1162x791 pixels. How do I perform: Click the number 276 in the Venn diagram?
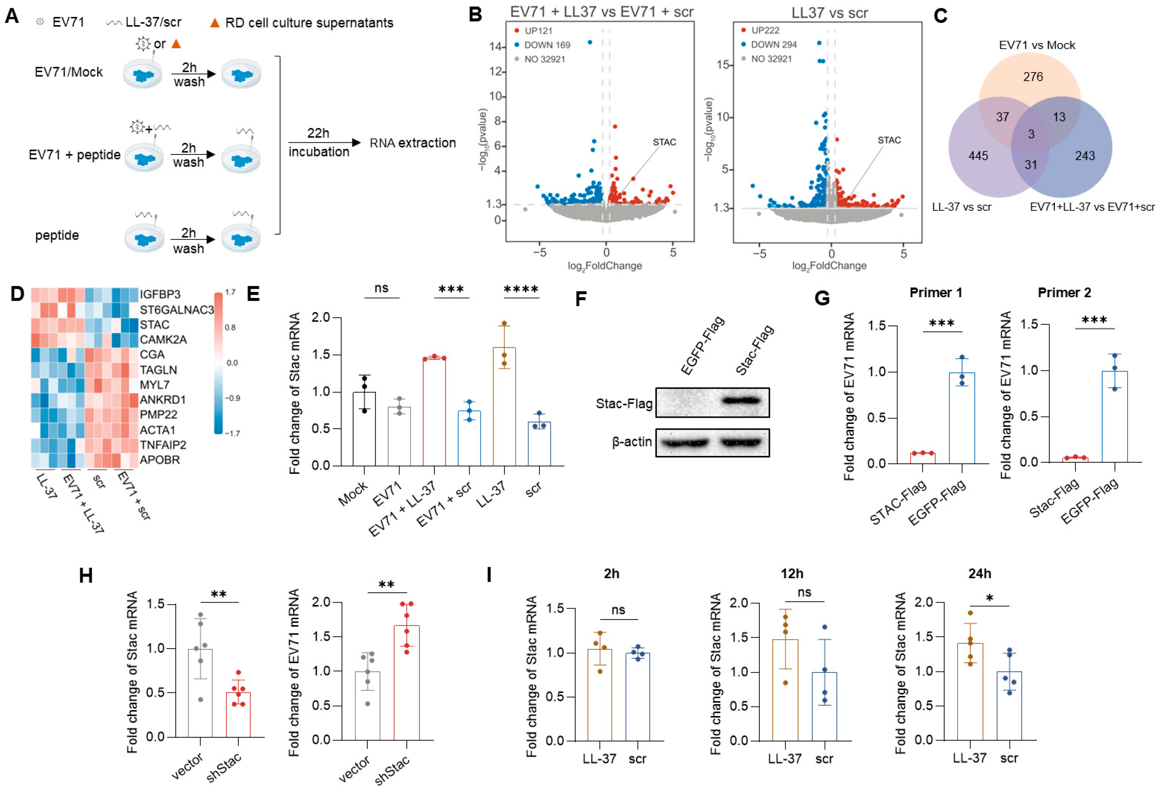click(x=1033, y=76)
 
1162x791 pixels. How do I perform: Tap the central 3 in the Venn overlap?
click(x=1031, y=134)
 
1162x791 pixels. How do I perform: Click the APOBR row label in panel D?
click(x=159, y=459)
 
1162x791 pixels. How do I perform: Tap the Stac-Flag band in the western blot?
click(x=743, y=400)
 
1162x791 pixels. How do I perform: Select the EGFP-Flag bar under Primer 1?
click(x=962, y=417)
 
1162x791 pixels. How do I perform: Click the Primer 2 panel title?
click(x=1064, y=293)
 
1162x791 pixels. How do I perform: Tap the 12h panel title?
click(x=792, y=574)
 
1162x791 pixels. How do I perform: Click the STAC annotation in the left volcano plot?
click(x=664, y=142)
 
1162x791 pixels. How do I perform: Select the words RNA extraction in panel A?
click(x=413, y=143)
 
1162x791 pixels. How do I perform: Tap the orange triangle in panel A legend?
click(x=215, y=23)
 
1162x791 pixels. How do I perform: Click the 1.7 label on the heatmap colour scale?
click(x=230, y=292)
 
